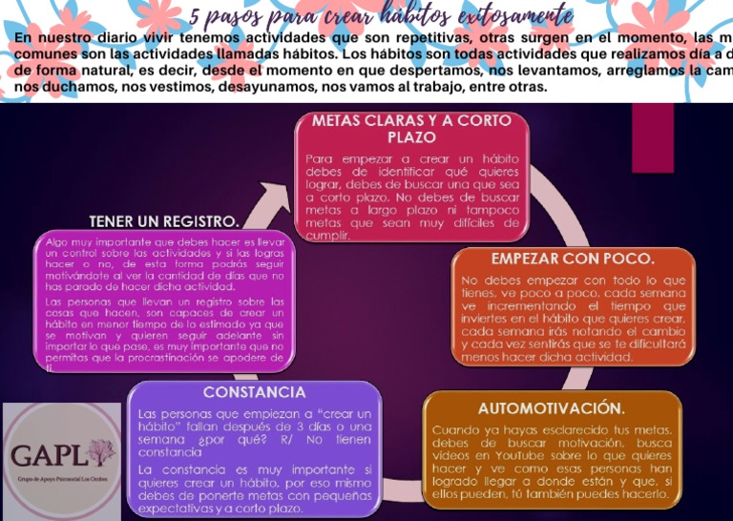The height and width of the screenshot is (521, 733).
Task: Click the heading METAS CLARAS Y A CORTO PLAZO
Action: point(411,129)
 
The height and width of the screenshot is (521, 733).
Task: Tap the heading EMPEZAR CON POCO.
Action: point(572,259)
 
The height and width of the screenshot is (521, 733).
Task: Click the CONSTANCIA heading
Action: point(254,392)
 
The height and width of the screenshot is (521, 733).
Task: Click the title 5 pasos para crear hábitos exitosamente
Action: point(382,15)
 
